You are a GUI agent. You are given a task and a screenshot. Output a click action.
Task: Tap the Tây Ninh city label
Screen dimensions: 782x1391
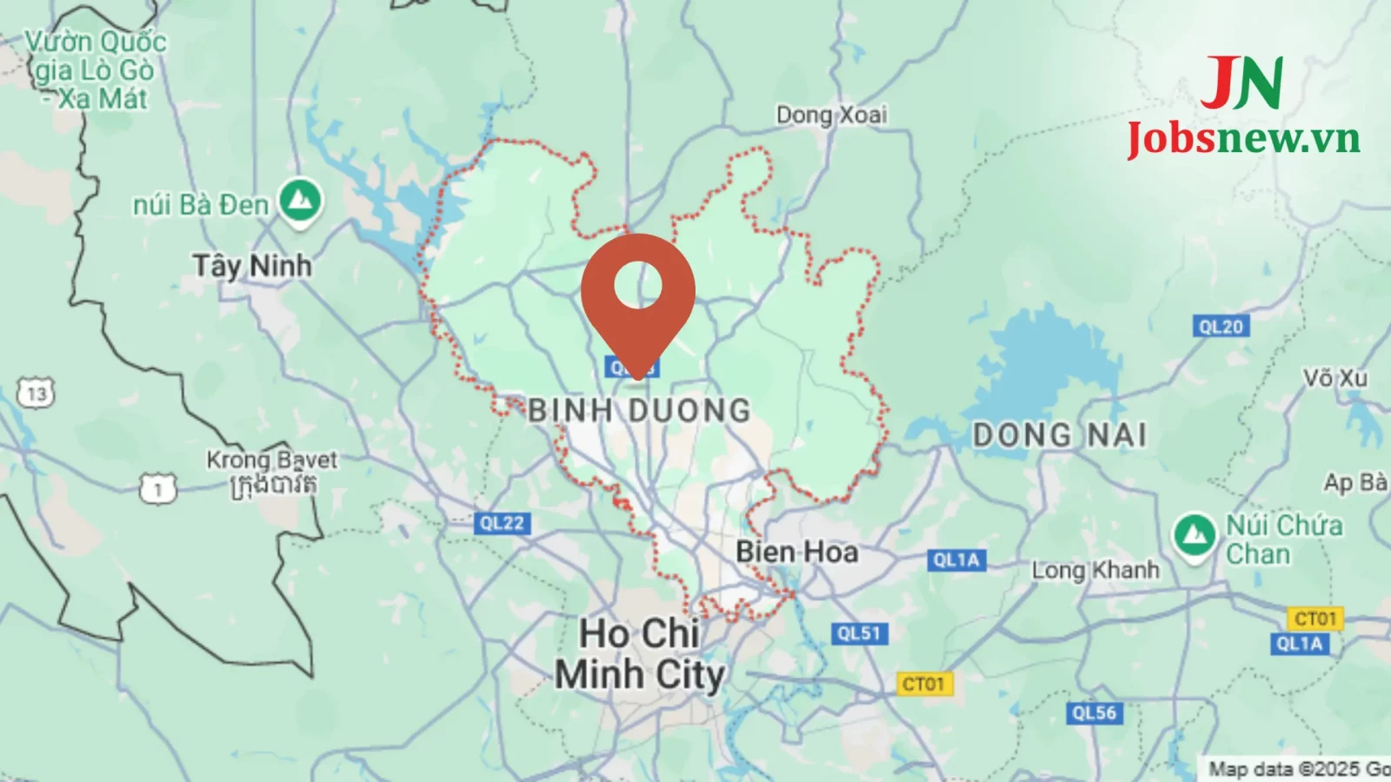pyautogui.click(x=252, y=265)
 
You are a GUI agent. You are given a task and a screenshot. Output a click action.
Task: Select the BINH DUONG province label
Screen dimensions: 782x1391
pyautogui.click(x=639, y=410)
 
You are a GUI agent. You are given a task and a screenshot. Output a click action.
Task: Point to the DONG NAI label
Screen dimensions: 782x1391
pyautogui.click(x=1059, y=434)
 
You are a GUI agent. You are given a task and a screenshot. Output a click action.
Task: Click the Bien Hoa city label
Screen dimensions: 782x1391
pyautogui.click(x=796, y=552)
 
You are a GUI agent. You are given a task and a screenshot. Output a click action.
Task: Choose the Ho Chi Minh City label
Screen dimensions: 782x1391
pyautogui.click(x=640, y=654)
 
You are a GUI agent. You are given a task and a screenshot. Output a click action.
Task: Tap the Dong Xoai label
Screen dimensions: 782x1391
pyautogui.click(x=831, y=115)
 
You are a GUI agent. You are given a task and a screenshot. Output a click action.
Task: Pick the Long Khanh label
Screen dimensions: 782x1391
pyautogui.click(x=1095, y=570)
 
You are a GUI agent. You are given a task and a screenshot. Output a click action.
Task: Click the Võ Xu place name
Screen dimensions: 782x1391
pyautogui.click(x=1334, y=378)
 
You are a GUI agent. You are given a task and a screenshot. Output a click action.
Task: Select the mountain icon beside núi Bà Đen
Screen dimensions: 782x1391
pyautogui.click(x=301, y=202)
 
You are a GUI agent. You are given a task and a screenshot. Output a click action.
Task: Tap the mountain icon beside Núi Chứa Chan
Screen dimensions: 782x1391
pyautogui.click(x=1195, y=534)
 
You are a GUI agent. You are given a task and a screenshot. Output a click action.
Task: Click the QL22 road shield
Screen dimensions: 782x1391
pyautogui.click(x=502, y=523)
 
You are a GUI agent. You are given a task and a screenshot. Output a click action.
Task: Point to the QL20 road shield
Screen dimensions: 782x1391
pyautogui.click(x=1221, y=327)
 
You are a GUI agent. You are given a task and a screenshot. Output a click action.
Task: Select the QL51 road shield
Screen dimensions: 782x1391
pyautogui.click(x=859, y=633)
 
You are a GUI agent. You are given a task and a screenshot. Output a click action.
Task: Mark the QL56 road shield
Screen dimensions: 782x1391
pyautogui.click(x=1094, y=713)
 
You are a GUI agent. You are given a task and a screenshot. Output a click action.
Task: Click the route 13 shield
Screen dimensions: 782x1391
pyautogui.click(x=36, y=394)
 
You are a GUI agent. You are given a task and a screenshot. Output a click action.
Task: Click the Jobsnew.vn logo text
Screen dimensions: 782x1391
pyautogui.click(x=1243, y=138)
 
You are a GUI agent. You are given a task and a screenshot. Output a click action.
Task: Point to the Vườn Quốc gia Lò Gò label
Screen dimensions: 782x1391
pyautogui.click(x=95, y=70)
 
